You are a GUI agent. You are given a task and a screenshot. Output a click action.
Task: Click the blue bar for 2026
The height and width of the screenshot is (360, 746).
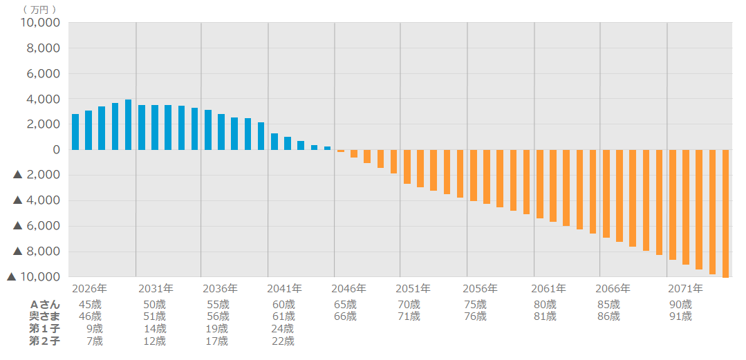75,132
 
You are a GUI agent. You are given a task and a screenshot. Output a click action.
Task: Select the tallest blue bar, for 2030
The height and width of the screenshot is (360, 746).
129,125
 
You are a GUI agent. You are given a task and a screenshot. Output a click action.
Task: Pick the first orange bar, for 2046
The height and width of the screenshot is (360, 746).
341,151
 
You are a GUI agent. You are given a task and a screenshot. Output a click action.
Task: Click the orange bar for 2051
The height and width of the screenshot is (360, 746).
407,167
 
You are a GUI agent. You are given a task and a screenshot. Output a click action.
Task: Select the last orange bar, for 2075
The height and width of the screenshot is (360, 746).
726,214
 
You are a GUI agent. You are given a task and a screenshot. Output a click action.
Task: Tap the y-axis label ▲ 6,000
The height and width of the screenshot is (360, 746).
37,226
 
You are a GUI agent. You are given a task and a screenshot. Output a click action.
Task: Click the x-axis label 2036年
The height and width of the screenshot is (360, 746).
220,288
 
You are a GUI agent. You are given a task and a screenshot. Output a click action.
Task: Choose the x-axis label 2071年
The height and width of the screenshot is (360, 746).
685,288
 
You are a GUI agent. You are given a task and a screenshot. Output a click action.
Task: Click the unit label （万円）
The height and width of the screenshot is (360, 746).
39,9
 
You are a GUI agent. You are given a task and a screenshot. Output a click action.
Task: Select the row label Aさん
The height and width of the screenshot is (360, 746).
45,304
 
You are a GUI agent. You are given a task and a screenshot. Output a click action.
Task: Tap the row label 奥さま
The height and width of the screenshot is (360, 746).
45,316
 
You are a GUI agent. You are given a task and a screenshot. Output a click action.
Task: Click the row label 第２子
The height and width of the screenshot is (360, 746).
45,341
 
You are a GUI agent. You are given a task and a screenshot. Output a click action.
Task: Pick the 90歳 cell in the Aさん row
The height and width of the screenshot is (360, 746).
680,304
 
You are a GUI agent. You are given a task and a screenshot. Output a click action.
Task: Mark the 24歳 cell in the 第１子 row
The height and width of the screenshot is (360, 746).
283,328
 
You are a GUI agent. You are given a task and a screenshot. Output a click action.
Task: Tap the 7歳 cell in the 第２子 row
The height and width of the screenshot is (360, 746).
95,341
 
